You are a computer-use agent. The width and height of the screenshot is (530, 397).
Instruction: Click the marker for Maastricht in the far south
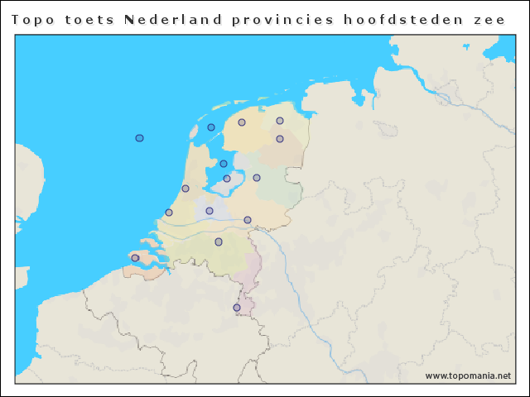coord(237,308)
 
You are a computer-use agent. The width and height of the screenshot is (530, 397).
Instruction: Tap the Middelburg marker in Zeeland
coord(135,258)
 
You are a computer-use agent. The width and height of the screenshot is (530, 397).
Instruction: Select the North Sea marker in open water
coord(140,138)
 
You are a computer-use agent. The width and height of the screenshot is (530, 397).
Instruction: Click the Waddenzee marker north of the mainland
coord(211,127)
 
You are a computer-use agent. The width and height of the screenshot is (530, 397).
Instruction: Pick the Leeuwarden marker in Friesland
coord(242,122)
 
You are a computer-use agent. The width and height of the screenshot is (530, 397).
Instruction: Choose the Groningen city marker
coord(280,121)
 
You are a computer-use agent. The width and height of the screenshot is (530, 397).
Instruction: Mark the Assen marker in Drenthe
coord(280,139)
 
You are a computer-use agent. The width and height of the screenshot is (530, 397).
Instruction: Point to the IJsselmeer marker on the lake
coord(224,164)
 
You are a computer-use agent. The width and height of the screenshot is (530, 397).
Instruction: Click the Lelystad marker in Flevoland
coord(227,179)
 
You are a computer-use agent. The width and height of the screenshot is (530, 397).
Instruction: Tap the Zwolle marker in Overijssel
coord(257,178)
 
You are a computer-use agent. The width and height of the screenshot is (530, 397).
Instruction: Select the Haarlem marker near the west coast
coord(185,189)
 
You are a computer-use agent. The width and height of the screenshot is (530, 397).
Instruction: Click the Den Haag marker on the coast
coord(169,213)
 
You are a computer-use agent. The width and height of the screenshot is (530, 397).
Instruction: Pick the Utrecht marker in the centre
coord(210,211)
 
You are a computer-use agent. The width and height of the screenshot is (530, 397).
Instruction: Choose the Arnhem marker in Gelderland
coord(248,220)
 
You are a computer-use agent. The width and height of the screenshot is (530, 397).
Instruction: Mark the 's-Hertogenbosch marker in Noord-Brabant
coord(219,242)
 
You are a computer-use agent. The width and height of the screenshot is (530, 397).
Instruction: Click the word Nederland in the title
coord(172,20)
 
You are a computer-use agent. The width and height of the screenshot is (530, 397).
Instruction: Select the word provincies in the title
coord(276,20)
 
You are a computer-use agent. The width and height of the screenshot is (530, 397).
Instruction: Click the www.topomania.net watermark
coord(468,375)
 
